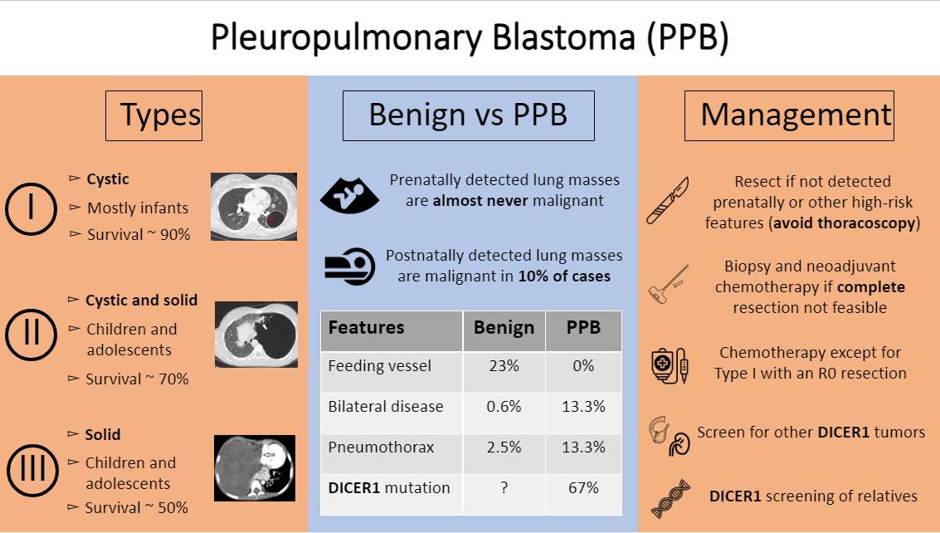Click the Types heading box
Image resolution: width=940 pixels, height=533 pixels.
click(x=154, y=116)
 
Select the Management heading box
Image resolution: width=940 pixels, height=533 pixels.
click(x=789, y=116)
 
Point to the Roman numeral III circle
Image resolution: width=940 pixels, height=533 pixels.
click(x=33, y=445)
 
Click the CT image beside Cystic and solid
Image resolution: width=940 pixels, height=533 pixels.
click(x=256, y=335)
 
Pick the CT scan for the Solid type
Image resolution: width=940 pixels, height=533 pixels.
click(x=255, y=468)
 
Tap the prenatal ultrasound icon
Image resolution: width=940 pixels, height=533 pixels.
click(x=349, y=196)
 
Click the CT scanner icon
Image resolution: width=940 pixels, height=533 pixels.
click(x=350, y=266)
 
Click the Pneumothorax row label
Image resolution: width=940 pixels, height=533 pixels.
click(x=381, y=447)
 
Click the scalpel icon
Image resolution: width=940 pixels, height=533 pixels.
click(x=668, y=200)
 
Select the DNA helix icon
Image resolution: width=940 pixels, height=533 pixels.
click(x=671, y=499)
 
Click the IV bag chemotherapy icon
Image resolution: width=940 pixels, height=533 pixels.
click(x=670, y=365)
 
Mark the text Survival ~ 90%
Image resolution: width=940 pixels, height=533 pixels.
click(x=139, y=235)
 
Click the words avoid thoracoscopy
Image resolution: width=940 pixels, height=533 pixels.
click(x=845, y=223)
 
